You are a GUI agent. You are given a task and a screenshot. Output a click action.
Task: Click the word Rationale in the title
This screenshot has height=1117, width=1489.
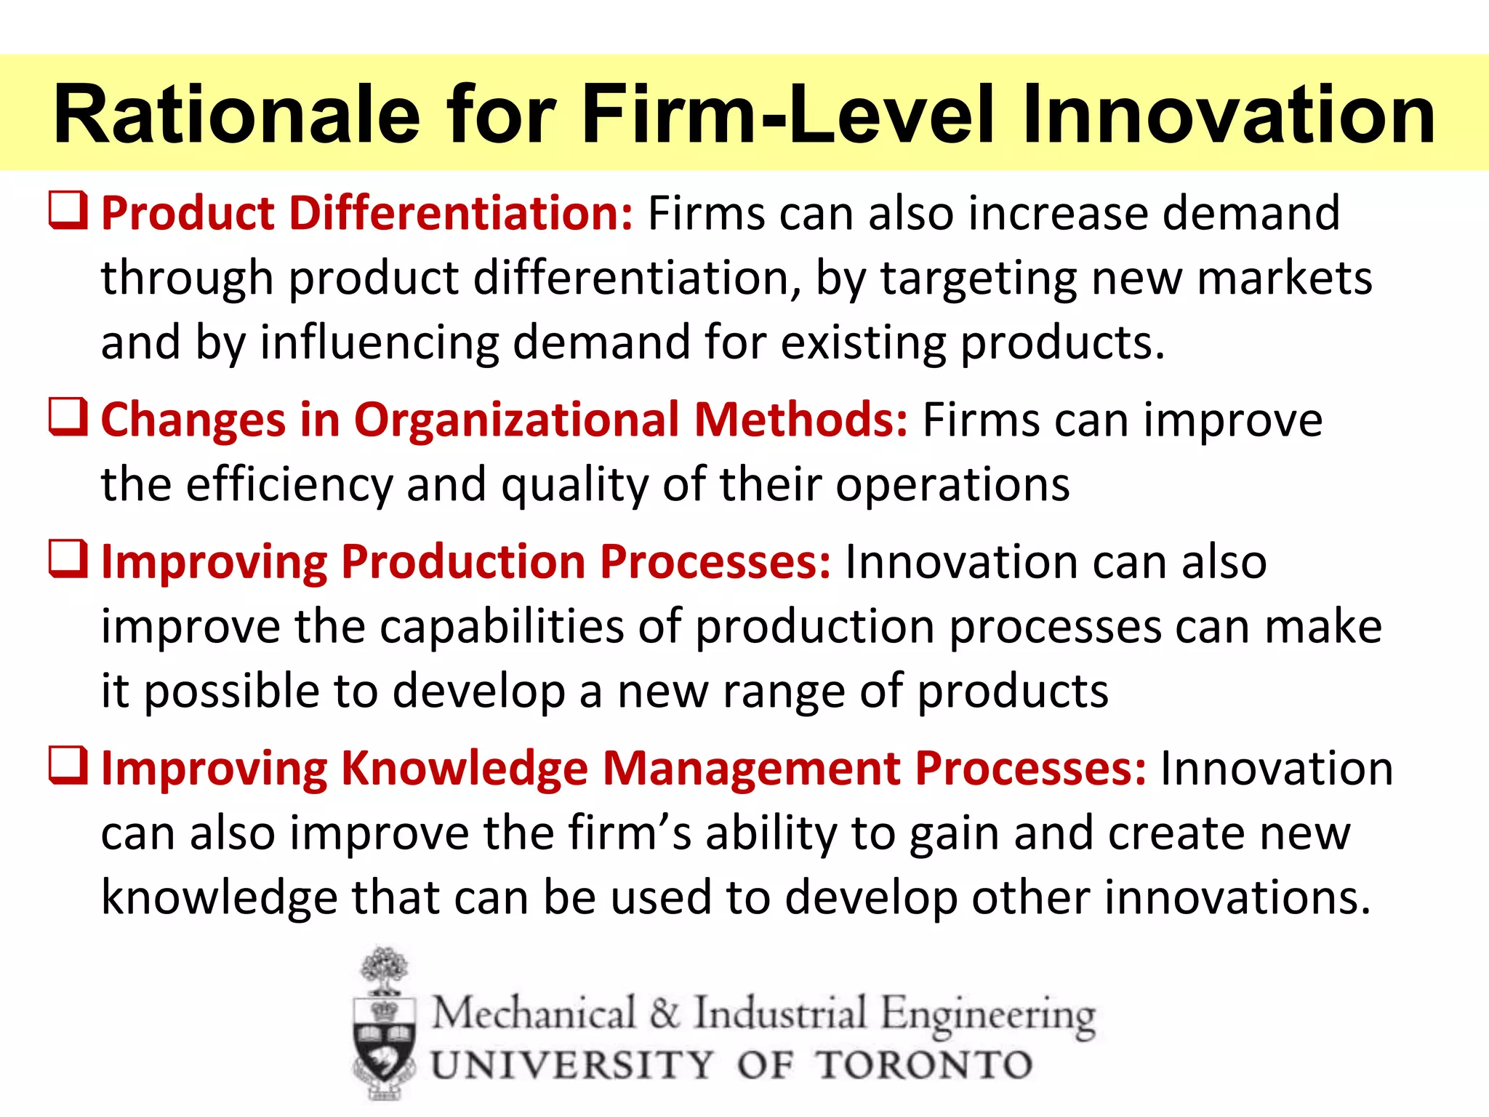[x=237, y=115]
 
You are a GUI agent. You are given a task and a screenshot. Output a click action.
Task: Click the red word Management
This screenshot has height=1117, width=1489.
[x=752, y=770]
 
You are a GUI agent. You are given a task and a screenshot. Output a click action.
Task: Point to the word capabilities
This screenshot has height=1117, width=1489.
[x=501, y=626]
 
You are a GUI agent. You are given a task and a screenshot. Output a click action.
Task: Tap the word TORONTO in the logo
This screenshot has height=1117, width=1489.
[x=923, y=1065]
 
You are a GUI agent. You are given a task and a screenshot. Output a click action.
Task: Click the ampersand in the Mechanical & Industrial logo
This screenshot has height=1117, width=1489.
[x=665, y=1013]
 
